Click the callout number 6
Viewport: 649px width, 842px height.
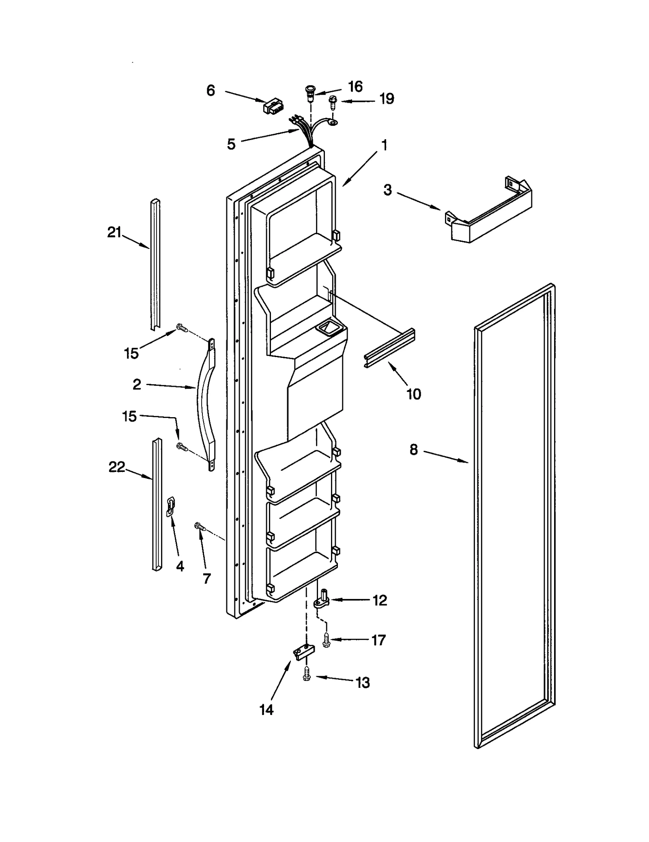(211, 90)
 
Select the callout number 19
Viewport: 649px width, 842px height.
(387, 99)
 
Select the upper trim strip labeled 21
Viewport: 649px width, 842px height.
(155, 264)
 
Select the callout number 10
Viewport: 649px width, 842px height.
(414, 394)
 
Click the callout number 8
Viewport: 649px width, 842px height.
(413, 450)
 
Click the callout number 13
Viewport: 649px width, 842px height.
(363, 683)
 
